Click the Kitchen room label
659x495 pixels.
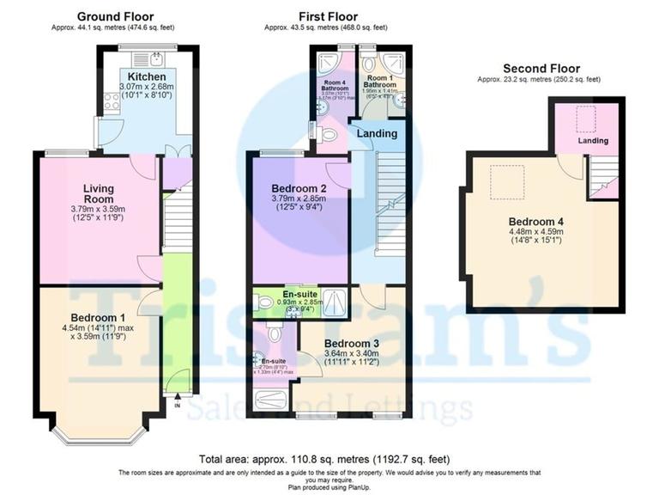click(x=141, y=77)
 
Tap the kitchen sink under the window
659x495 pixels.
click(x=156, y=58)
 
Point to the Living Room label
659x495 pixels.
click(x=98, y=193)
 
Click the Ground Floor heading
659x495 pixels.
click(x=115, y=16)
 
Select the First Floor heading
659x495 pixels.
click(x=328, y=16)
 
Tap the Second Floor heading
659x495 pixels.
click(x=541, y=69)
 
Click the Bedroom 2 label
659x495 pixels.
click(x=299, y=188)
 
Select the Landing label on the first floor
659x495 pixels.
click(x=377, y=133)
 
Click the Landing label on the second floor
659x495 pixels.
click(x=592, y=140)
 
